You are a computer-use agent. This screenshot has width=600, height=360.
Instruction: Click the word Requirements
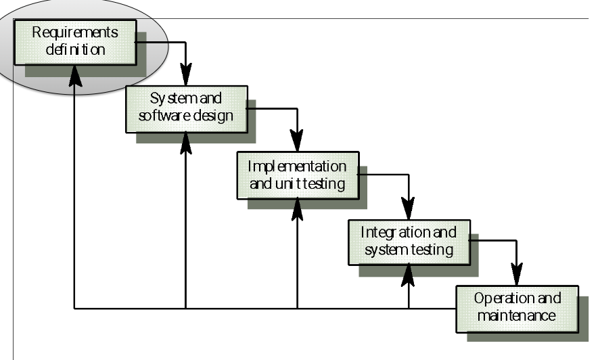click(x=74, y=32)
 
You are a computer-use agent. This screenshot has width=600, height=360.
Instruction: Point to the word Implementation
click(x=297, y=166)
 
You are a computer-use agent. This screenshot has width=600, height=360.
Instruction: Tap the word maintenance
click(x=517, y=315)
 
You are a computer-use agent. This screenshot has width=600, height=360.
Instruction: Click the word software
click(x=163, y=115)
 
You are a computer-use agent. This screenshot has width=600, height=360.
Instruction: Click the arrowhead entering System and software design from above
click(x=185, y=75)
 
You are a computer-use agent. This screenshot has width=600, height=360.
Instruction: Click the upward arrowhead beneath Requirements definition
click(x=74, y=76)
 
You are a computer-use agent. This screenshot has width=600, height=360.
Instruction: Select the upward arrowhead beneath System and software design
click(x=185, y=143)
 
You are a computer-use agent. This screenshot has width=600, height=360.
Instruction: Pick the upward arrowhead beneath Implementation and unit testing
click(x=298, y=209)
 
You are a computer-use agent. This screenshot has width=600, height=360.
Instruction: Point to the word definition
click(x=75, y=49)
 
